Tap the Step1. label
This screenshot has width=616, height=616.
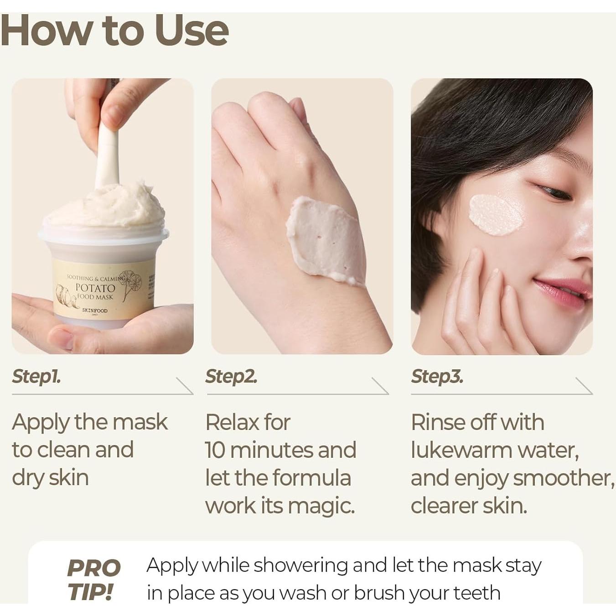[36, 377]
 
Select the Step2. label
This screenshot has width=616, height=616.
[231, 377]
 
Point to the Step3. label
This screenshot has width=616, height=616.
[437, 377]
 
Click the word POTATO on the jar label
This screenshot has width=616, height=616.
[95, 288]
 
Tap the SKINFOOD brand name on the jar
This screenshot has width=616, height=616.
[95, 311]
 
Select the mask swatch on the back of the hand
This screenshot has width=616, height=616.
[325, 239]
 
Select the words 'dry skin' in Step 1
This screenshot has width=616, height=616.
[50, 478]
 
